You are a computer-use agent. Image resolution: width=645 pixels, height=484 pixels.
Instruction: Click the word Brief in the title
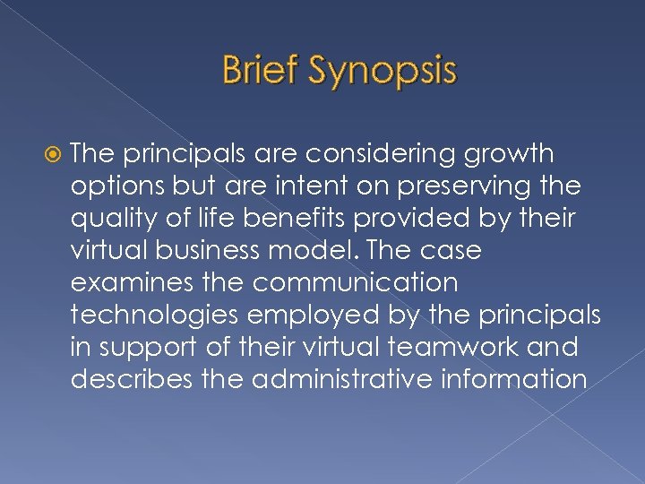[260, 71]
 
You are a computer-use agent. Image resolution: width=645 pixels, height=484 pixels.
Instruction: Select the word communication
[355, 283]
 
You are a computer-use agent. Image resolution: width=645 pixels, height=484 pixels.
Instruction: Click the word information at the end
[511, 380]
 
